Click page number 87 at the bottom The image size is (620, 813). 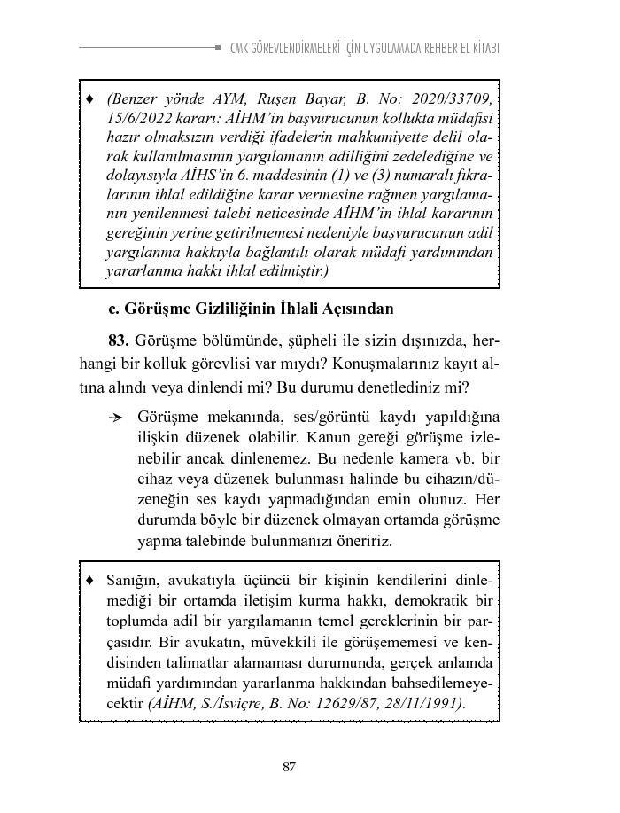click(x=289, y=767)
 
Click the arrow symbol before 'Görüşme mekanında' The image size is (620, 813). click(x=115, y=418)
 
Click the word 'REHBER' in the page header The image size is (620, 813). click(x=427, y=48)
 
